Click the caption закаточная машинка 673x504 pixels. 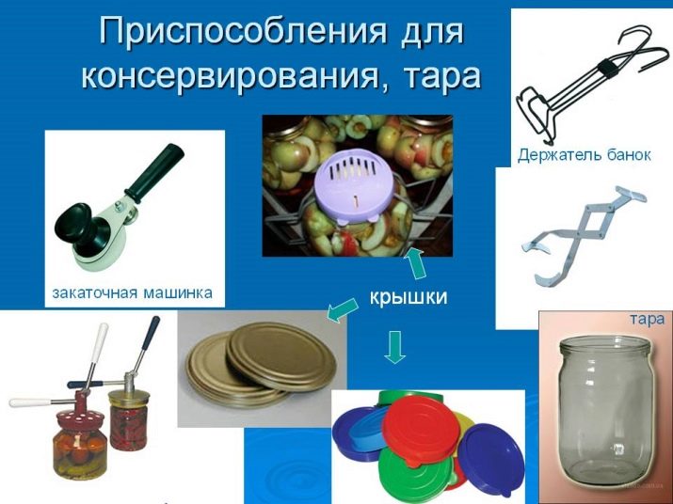[132, 293]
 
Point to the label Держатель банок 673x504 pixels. [585, 154]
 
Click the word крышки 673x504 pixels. [409, 297]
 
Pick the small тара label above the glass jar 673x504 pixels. [648, 319]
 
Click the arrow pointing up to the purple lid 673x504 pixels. [414, 263]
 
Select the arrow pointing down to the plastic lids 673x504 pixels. [395, 347]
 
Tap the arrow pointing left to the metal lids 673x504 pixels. [343, 309]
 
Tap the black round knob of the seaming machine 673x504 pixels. [75, 224]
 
